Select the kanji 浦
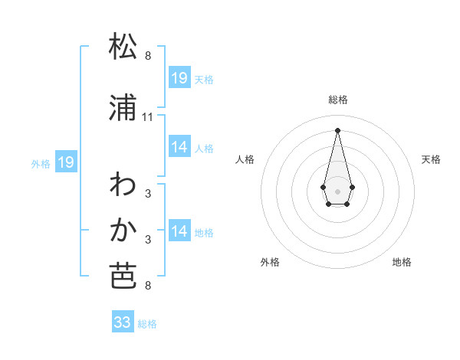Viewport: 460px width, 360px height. click(x=123, y=109)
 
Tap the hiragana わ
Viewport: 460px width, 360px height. click(x=123, y=185)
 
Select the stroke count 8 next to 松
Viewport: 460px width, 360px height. click(x=148, y=56)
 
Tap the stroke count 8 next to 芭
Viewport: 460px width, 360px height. click(x=148, y=286)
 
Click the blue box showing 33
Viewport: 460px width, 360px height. click(x=123, y=322)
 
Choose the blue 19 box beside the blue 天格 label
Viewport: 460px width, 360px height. click(x=179, y=78)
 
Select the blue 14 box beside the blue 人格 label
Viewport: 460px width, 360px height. click(x=179, y=147)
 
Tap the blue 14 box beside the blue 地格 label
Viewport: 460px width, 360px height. click(x=179, y=231)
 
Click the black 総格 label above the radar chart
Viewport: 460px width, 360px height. click(x=337, y=100)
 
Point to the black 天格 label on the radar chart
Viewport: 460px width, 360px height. click(x=431, y=159)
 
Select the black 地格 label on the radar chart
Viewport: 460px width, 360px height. click(x=402, y=262)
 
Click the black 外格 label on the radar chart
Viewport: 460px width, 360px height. click(x=270, y=262)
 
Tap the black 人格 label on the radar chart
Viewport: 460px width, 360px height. click(x=245, y=159)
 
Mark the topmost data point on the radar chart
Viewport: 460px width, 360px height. click(x=337, y=129)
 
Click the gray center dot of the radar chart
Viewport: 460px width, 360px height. click(x=337, y=190)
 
